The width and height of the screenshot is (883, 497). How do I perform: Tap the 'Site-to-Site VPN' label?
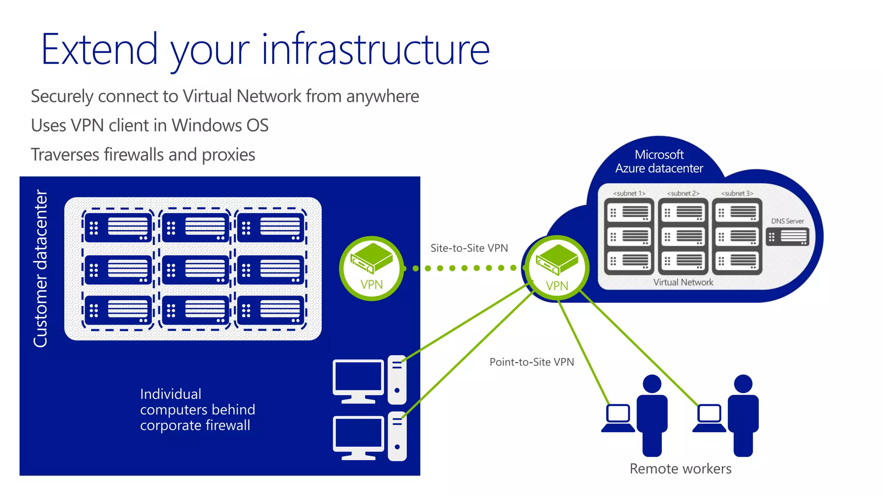click(469, 248)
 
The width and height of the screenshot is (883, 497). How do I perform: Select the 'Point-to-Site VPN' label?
click(532, 362)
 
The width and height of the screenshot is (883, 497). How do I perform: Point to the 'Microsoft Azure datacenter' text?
click(659, 161)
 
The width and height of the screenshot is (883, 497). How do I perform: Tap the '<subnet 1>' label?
click(629, 193)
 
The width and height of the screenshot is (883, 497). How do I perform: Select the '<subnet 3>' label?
click(737, 193)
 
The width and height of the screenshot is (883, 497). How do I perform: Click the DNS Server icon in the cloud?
click(787, 237)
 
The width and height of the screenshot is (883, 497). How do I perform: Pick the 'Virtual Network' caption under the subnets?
click(683, 282)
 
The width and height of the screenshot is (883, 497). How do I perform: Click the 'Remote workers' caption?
click(680, 469)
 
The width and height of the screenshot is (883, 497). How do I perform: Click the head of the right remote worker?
click(743, 384)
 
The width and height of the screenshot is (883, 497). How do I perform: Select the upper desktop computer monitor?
click(358, 378)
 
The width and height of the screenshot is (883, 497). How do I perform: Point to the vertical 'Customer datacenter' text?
click(41, 268)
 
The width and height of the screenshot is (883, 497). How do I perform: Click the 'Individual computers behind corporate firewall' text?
click(197, 409)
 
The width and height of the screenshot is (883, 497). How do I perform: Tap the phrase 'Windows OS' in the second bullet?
click(220, 126)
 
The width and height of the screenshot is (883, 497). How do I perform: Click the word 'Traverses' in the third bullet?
click(65, 155)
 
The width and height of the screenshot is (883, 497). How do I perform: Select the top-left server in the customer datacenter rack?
click(118, 227)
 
